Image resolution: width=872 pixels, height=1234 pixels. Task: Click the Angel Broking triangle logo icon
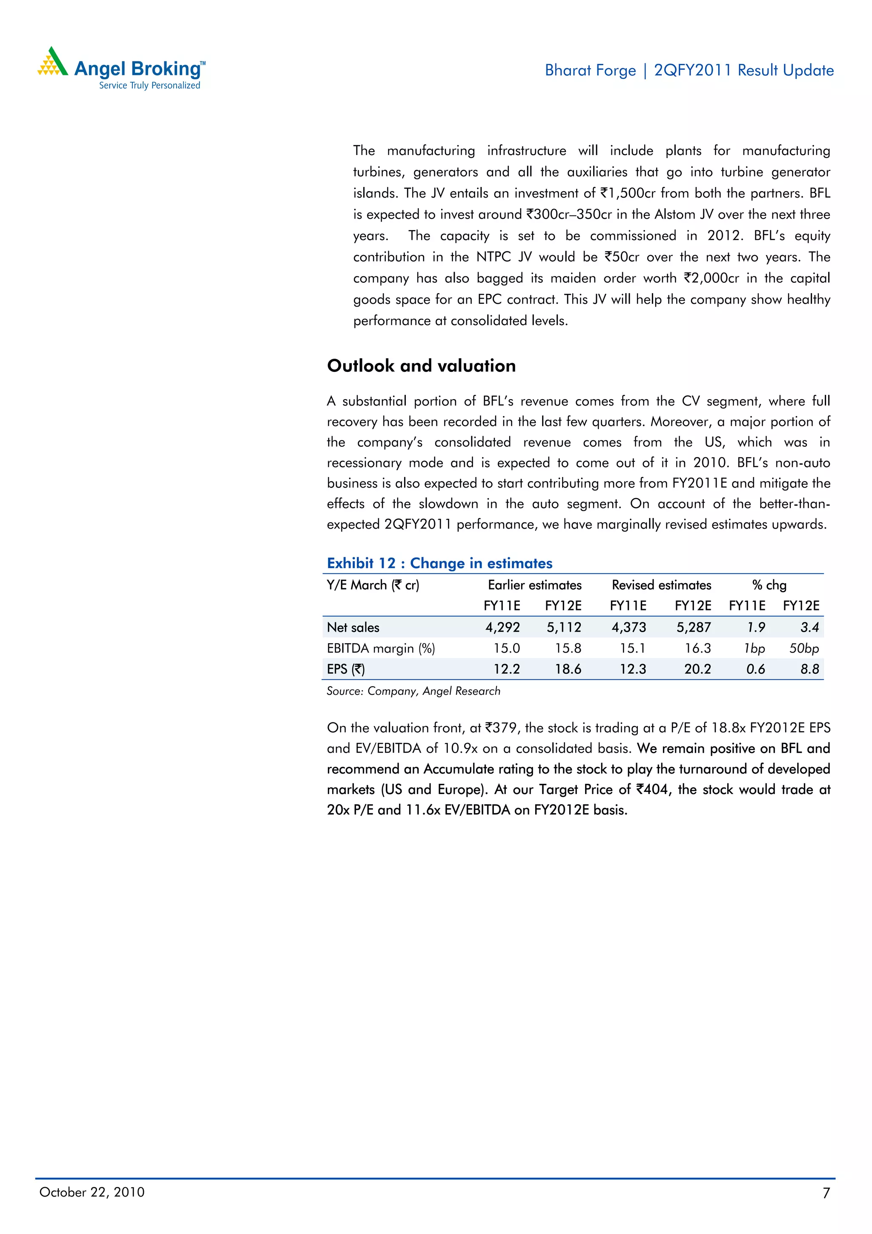[x=52, y=62]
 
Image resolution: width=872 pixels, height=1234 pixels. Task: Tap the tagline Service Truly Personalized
[x=149, y=86]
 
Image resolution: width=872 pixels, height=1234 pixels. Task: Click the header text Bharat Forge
[x=590, y=70]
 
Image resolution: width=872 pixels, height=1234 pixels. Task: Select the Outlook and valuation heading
[x=421, y=366]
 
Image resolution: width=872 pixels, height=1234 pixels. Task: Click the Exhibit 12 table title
[x=439, y=563]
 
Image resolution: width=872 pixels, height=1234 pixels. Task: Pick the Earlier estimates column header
[x=535, y=585]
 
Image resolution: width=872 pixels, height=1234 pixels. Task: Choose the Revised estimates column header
[x=661, y=585]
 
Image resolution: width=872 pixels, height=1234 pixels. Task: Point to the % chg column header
[x=769, y=585]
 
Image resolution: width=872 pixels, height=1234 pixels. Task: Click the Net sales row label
[x=353, y=627]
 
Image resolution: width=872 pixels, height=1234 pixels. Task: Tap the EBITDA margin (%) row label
[x=381, y=648]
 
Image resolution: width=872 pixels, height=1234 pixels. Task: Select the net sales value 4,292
[x=502, y=627]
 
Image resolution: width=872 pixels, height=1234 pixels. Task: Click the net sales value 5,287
[x=694, y=627]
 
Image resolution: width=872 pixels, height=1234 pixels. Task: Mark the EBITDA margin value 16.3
[x=697, y=648]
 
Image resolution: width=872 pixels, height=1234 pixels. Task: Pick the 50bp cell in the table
[x=804, y=648]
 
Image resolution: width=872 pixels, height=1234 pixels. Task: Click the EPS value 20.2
[x=697, y=669]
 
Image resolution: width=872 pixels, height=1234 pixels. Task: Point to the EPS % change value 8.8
[x=810, y=669]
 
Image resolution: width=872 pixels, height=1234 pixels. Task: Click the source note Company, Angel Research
[x=413, y=691]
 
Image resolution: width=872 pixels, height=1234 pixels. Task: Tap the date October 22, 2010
[x=92, y=1192]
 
